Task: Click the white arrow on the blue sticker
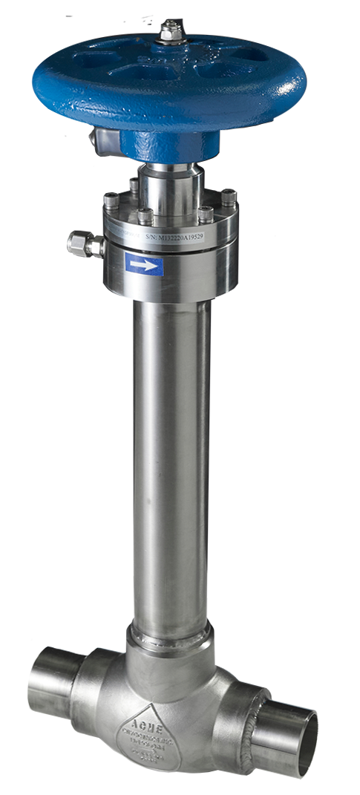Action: pyautogui.click(x=144, y=264)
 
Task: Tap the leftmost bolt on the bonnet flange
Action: pyautogui.click(x=111, y=201)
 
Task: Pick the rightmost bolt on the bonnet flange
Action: pyautogui.click(x=228, y=198)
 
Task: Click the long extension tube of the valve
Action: pyautogui.click(x=170, y=460)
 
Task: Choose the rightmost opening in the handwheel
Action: pyautogui.click(x=253, y=56)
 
